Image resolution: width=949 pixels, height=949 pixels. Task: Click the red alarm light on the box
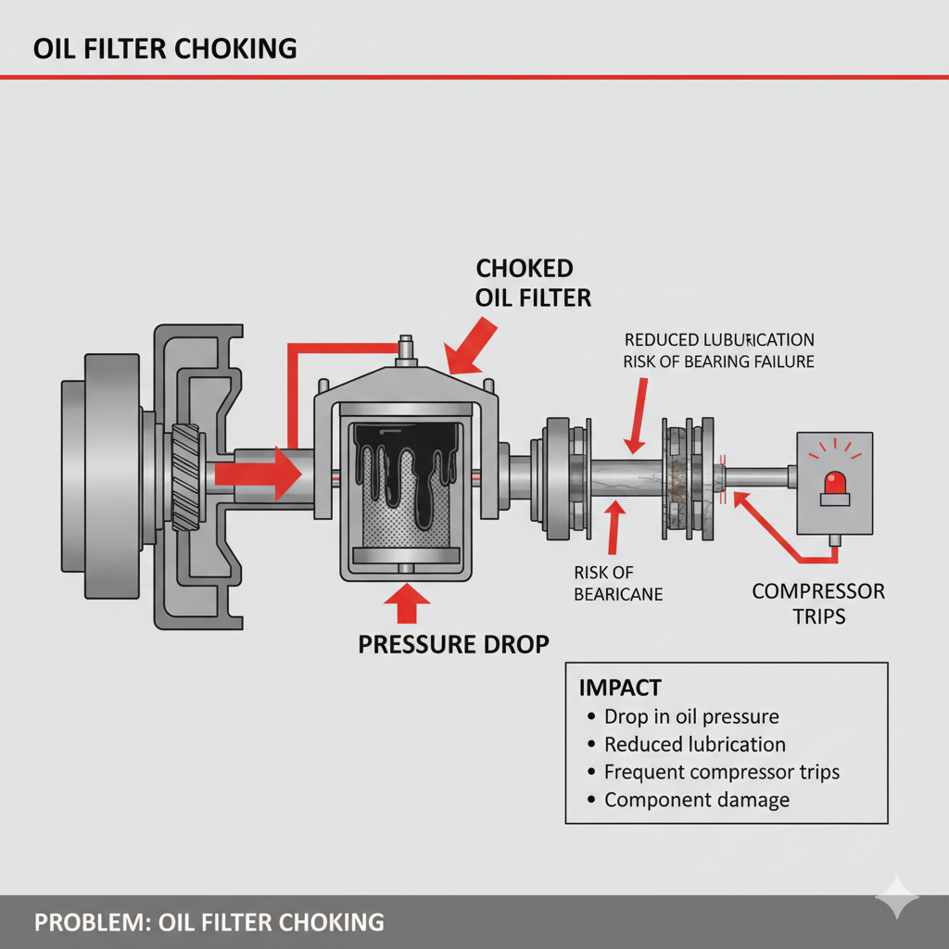833,482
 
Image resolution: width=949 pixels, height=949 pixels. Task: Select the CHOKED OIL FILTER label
533,284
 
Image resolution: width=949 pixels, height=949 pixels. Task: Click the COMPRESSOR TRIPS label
818,603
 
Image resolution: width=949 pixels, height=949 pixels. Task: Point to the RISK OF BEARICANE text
618,583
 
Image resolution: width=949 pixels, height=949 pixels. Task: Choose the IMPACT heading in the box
620,688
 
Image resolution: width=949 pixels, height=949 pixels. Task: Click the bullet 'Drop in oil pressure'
690,716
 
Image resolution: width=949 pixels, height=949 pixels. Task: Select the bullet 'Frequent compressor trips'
721,772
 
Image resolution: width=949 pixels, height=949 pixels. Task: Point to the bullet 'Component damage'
696,800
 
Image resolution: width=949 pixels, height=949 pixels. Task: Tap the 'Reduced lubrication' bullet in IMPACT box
694,744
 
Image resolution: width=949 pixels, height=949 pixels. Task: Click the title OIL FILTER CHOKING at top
165,49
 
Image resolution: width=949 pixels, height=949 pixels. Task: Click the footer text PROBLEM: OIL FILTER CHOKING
209,922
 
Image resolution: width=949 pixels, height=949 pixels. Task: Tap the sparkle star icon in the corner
898,898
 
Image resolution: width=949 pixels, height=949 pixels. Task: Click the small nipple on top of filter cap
405,347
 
